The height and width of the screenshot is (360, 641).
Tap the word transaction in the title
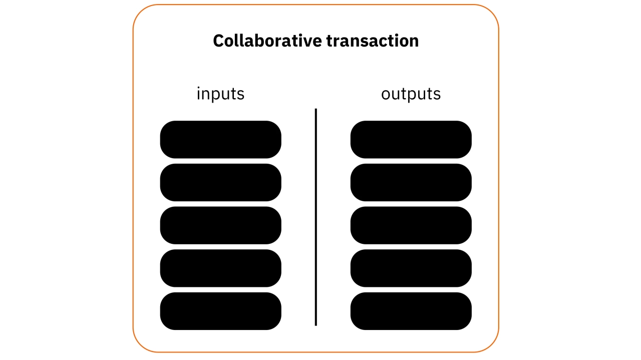pyautogui.click(x=373, y=41)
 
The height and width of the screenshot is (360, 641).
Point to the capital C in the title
pyautogui.click(x=218, y=41)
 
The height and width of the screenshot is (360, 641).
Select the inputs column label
pyautogui.click(x=220, y=94)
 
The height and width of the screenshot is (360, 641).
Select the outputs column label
pyautogui.click(x=411, y=94)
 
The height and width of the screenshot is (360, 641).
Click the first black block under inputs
pyautogui.click(x=220, y=139)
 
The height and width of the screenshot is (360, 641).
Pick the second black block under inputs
pyautogui.click(x=220, y=182)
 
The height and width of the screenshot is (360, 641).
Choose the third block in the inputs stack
pyautogui.click(x=220, y=225)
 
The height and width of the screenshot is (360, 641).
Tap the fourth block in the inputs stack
pyautogui.click(x=220, y=268)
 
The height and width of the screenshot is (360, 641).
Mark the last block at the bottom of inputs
pyautogui.click(x=220, y=311)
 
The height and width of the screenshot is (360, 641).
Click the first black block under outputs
pyautogui.click(x=411, y=139)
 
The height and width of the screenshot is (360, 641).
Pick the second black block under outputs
pyautogui.click(x=411, y=182)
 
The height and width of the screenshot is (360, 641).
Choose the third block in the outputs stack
pyautogui.click(x=411, y=225)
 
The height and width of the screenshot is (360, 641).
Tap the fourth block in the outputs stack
pyautogui.click(x=411, y=268)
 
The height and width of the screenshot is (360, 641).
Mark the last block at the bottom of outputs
pyautogui.click(x=411, y=311)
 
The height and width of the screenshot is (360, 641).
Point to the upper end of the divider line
pyautogui.click(x=316, y=110)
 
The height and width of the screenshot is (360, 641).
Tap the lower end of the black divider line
pyautogui.click(x=316, y=324)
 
